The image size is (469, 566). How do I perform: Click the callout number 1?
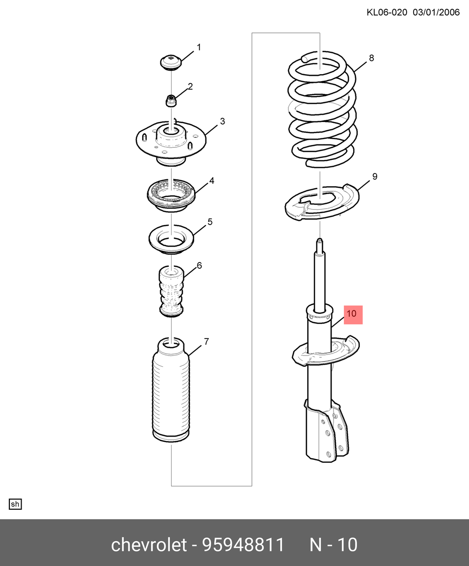tap(199, 47)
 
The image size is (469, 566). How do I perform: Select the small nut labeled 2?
tap(171, 100)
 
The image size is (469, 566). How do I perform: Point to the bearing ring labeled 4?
tap(171, 195)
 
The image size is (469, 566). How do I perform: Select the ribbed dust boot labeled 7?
tap(171, 390)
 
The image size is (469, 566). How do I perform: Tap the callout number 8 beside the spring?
tap(371, 58)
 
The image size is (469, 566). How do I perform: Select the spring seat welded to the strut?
tap(325, 351)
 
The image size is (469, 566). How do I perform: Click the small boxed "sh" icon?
tap(15, 504)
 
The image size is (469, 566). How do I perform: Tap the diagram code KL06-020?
tap(387, 13)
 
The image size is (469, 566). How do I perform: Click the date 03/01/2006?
tap(436, 13)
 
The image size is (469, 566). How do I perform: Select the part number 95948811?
tap(243, 545)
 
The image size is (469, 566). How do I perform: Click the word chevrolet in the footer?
tap(149, 545)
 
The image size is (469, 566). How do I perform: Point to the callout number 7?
tap(206, 341)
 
